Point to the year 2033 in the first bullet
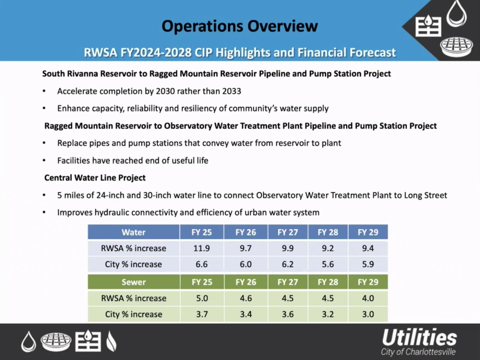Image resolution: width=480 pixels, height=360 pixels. pyautogui.click(x=231, y=91)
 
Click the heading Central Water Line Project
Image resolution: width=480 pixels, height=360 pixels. pyautogui.click(x=95, y=178)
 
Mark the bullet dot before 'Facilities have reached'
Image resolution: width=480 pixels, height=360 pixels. pyautogui.click(x=44, y=161)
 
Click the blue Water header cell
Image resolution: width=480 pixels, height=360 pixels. pyautogui.click(x=133, y=232)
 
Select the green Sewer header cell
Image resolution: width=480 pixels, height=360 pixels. pyautogui.click(x=133, y=282)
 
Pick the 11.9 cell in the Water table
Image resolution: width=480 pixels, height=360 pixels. pyautogui.click(x=201, y=248)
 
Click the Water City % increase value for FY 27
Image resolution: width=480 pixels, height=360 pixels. pyautogui.click(x=287, y=264)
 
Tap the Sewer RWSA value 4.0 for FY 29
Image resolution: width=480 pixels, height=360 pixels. pyautogui.click(x=368, y=298)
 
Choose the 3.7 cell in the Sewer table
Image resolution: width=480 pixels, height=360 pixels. pyautogui.click(x=202, y=314)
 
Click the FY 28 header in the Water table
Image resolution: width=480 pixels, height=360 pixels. pyautogui.click(x=328, y=232)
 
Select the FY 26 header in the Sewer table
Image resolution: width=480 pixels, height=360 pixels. pyautogui.click(x=246, y=282)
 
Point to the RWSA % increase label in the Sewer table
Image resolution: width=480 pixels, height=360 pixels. pyautogui.click(x=133, y=298)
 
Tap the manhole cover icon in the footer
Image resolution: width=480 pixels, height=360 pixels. pyautogui.click(x=56, y=342)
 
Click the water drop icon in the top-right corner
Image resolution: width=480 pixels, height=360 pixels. pyautogui.click(x=457, y=14)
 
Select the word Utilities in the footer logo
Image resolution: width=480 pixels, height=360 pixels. pyautogui.click(x=419, y=338)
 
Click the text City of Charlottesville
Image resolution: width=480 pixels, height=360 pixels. pyautogui.click(x=418, y=352)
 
